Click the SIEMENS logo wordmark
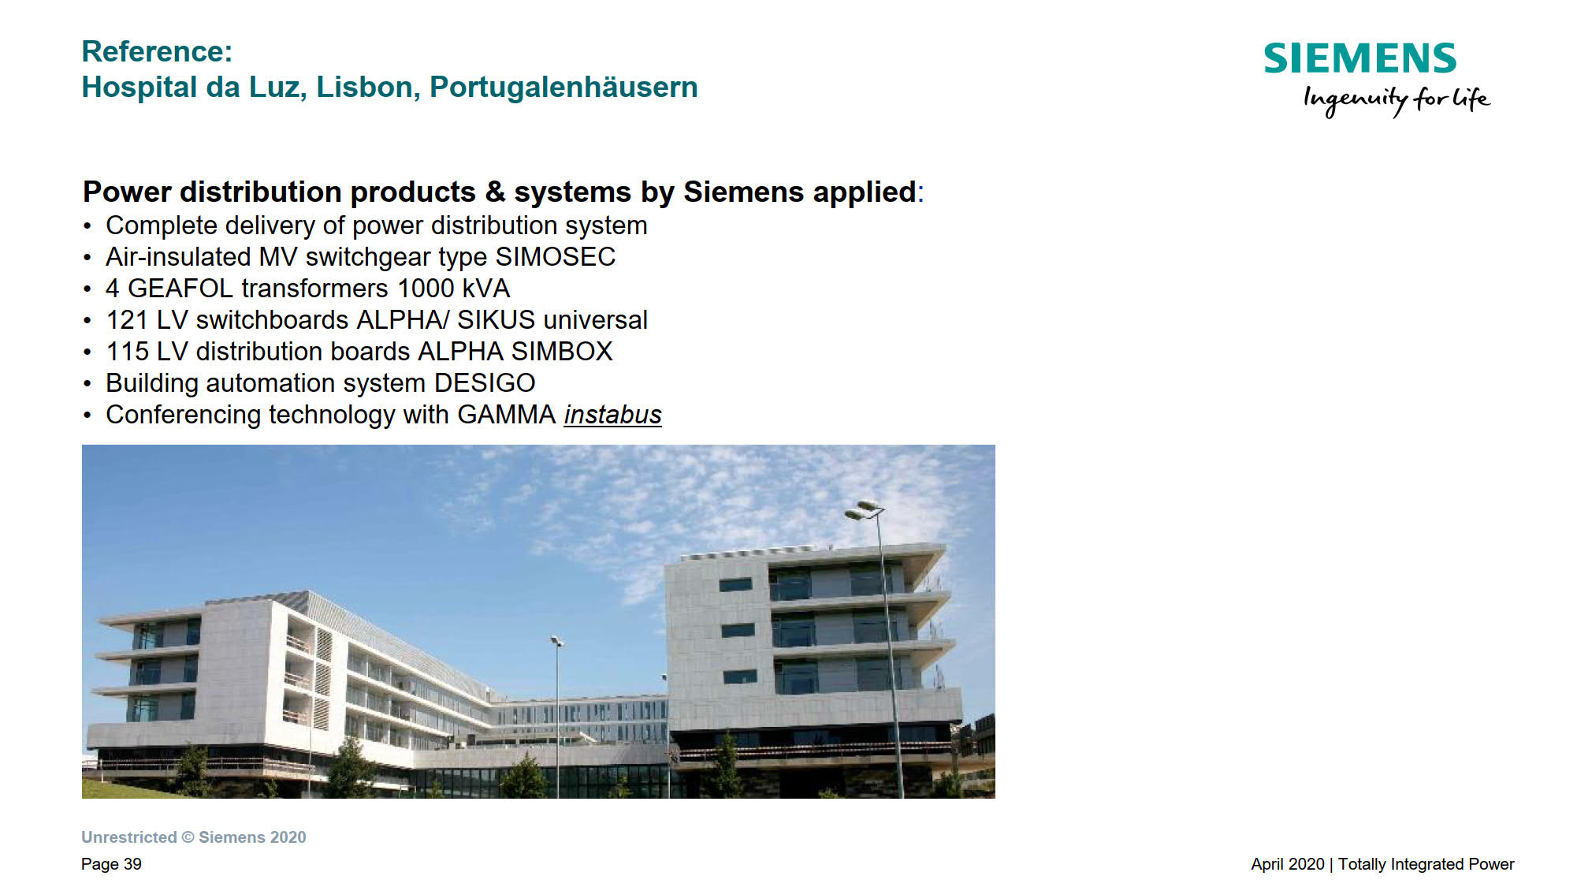pos(1360,58)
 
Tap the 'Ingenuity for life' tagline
pos(1397,100)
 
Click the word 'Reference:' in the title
pos(158,51)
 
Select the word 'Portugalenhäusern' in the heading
pos(563,87)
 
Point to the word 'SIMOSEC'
pos(556,257)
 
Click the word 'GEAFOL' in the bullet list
pos(180,289)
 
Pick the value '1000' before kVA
pos(426,289)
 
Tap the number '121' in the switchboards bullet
pos(127,320)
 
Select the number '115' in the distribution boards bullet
pos(127,352)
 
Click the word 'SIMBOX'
pos(562,352)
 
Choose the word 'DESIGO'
pos(485,383)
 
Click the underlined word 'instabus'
pos(613,415)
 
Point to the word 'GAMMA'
pos(507,415)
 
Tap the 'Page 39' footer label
pos(111,864)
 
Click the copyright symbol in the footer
pos(188,837)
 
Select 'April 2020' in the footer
pos(1288,864)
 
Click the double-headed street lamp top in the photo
pos(865,509)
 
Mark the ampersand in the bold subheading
pos(495,192)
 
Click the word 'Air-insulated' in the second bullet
pos(178,257)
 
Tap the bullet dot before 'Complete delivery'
pos(87,227)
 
